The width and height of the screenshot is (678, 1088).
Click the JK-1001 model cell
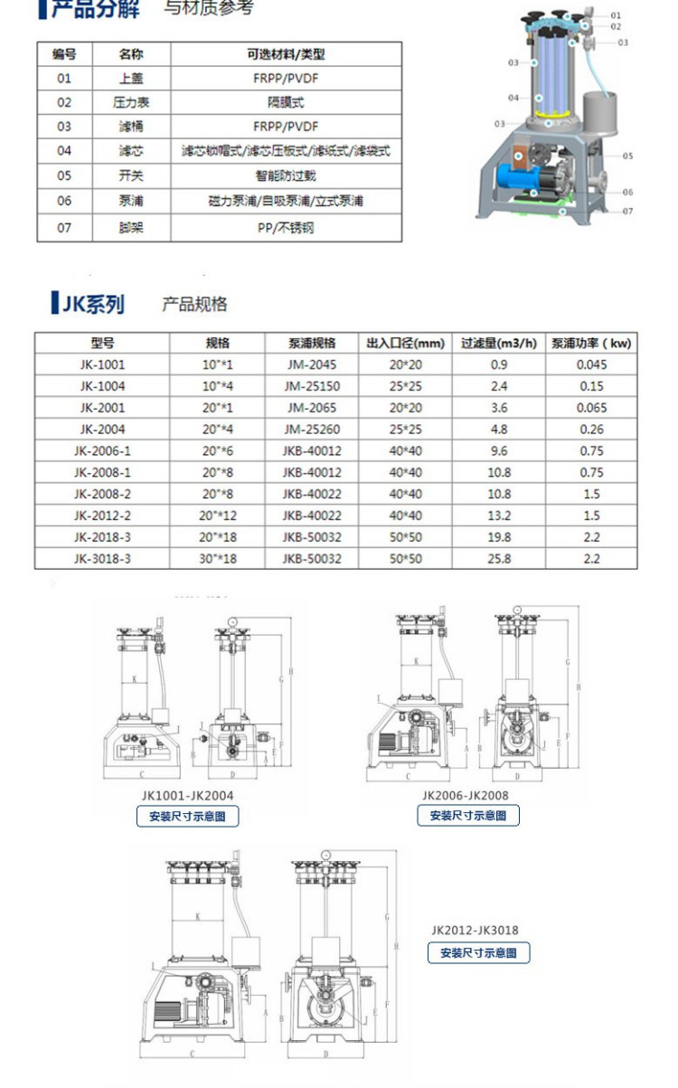[101, 364]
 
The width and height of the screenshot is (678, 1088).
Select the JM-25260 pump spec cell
[312, 430]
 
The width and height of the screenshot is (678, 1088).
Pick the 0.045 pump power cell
[592, 364]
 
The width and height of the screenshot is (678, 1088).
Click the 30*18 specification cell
[217, 559]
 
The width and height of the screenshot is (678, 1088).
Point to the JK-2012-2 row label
[101, 516]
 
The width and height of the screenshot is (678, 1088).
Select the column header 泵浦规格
[312, 344]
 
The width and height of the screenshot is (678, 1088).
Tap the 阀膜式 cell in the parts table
[285, 103]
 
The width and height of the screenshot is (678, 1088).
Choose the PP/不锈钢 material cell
[285, 228]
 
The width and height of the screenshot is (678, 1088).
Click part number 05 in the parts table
[63, 175]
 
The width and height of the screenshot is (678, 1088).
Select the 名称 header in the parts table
[131, 54]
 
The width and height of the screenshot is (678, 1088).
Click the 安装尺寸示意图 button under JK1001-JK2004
[188, 816]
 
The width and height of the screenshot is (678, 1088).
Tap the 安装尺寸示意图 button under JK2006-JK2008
[468, 816]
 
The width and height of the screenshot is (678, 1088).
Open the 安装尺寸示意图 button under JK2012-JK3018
[478, 952]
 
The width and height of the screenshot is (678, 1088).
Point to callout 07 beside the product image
[627, 211]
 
